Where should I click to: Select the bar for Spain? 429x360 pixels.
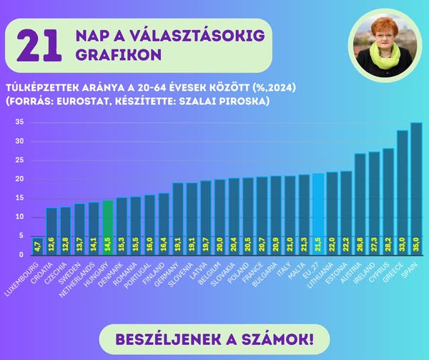coord(415,186)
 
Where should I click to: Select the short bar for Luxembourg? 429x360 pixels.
coord(37,245)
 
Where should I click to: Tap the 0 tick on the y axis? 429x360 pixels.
coord(21,255)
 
